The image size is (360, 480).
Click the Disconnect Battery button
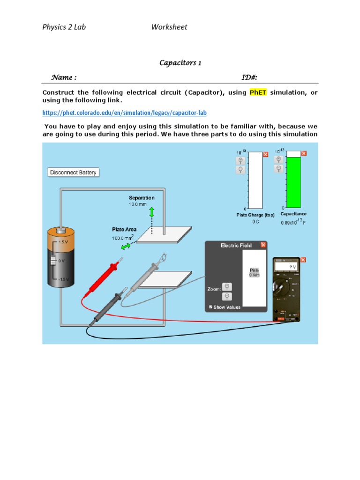(74, 172)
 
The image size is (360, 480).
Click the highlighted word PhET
(258, 92)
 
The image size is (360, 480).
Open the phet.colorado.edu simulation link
(124, 113)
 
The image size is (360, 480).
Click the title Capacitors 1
(180, 63)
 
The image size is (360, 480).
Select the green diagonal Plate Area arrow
(126, 247)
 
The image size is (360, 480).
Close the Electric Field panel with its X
(263, 245)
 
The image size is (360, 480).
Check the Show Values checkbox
(210, 307)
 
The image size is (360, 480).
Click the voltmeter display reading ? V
(287, 267)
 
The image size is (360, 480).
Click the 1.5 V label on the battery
(63, 242)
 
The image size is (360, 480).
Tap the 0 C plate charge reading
(255, 222)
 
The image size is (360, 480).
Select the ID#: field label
(249, 77)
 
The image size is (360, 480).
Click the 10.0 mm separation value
(138, 205)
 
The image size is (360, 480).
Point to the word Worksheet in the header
(169, 27)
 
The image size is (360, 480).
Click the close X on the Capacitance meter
(304, 153)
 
